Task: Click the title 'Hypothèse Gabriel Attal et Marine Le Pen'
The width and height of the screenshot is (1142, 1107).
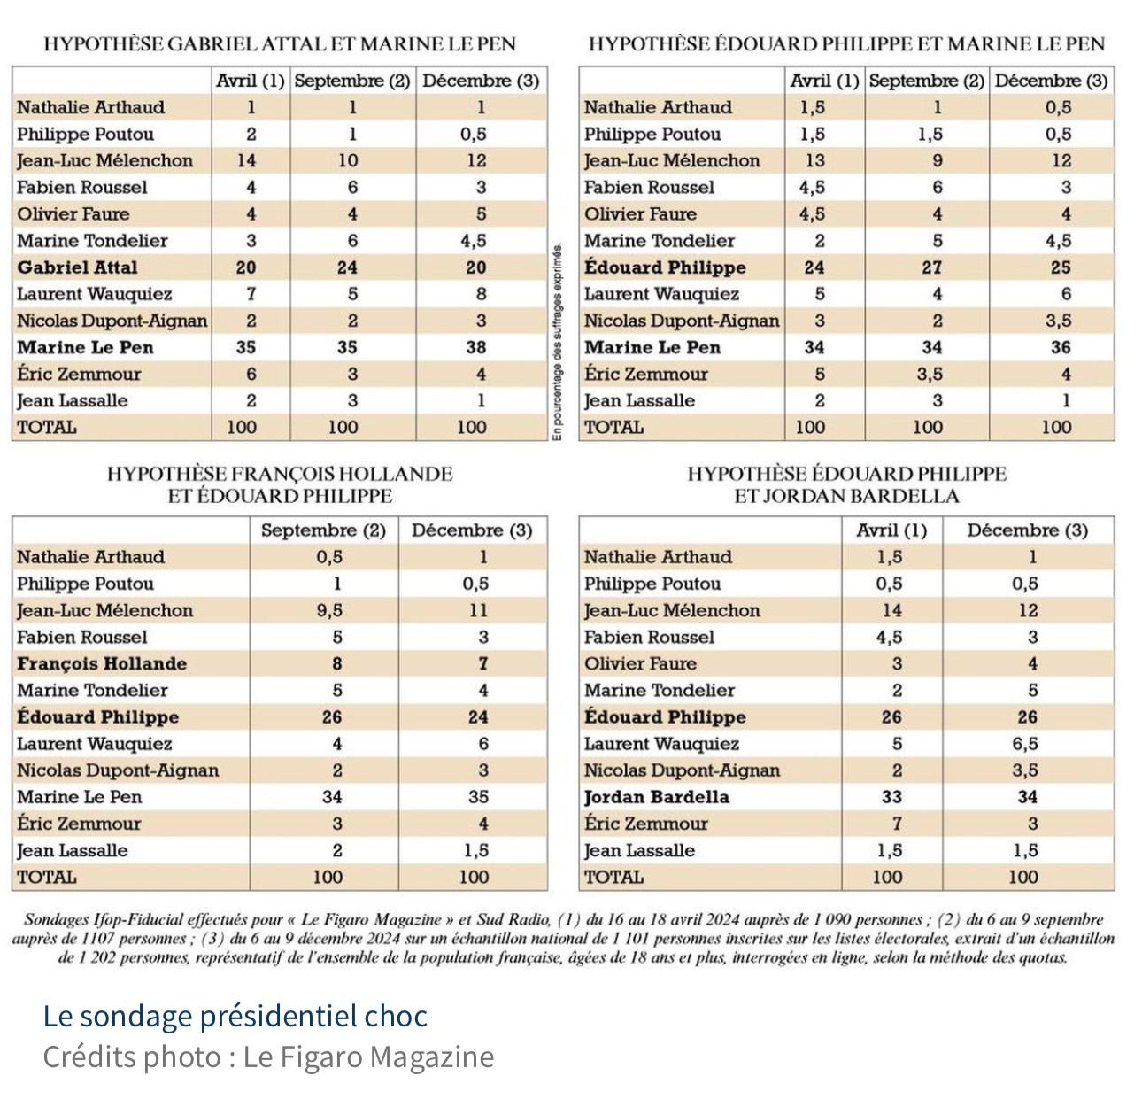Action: pyautogui.click(x=279, y=43)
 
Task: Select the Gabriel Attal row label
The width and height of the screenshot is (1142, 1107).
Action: pyautogui.click(x=78, y=267)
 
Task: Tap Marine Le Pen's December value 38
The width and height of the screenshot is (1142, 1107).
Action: pyautogui.click(x=476, y=347)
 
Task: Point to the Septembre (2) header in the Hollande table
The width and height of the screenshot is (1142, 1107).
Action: pyautogui.click(x=323, y=530)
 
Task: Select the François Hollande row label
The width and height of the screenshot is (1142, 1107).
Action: pyautogui.click(x=102, y=663)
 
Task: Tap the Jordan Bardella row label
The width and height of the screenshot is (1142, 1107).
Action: pyautogui.click(x=657, y=797)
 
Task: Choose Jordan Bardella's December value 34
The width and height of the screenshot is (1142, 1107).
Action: pyautogui.click(x=1027, y=797)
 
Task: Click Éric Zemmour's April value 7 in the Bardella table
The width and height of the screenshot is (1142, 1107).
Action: pyautogui.click(x=896, y=824)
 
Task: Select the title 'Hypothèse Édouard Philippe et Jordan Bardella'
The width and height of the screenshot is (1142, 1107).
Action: pyautogui.click(x=846, y=484)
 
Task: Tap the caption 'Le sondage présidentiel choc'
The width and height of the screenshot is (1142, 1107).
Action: pyautogui.click(x=235, y=1016)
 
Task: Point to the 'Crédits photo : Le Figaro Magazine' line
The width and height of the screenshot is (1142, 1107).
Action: pyautogui.click(x=268, y=1057)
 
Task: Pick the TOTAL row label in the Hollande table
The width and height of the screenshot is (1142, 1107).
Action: pyautogui.click(x=47, y=878)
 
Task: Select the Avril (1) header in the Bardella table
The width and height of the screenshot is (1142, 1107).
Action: pyautogui.click(x=891, y=530)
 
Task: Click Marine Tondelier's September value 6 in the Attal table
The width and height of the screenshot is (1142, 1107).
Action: pyautogui.click(x=352, y=241)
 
